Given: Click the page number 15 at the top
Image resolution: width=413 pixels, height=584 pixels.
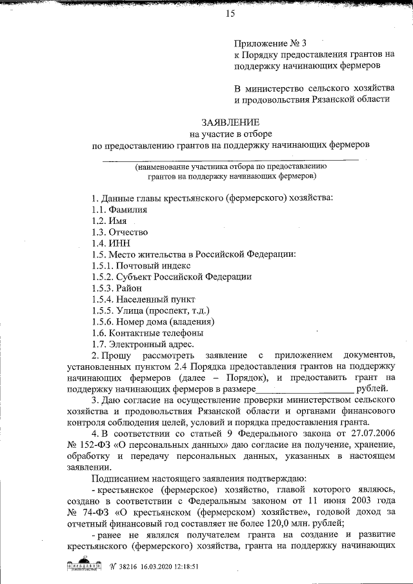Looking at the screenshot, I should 230,15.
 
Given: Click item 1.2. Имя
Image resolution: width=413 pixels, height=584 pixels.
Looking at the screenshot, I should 108,221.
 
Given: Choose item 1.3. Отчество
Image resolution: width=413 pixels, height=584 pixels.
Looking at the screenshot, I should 120,232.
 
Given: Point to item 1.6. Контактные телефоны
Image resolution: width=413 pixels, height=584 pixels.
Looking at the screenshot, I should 147,333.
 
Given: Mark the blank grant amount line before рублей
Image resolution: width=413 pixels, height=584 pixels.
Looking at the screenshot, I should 305,389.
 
